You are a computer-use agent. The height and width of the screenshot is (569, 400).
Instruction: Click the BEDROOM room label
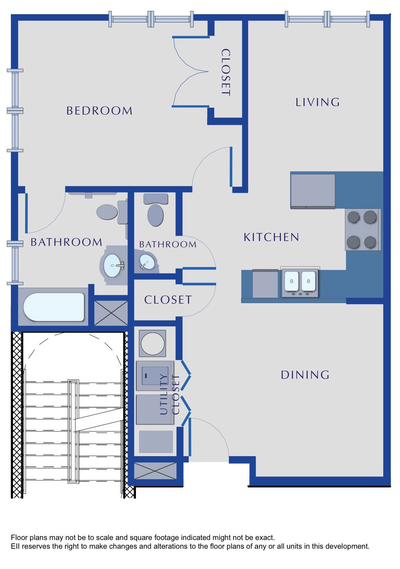[x=100, y=111]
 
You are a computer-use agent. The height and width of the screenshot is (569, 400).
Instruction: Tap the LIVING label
[x=318, y=102]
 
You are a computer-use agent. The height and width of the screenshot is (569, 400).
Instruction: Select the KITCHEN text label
[x=271, y=237]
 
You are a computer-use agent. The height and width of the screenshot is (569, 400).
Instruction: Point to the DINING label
[x=305, y=375]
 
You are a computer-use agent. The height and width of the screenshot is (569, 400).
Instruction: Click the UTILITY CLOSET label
[x=169, y=394]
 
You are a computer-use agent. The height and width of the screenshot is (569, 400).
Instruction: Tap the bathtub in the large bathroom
[x=54, y=307]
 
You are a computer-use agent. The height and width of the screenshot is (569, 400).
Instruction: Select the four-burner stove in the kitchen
[x=363, y=230]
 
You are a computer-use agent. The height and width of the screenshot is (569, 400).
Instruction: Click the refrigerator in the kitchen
[x=313, y=191]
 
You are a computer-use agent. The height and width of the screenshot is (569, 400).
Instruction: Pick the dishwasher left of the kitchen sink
[x=265, y=284]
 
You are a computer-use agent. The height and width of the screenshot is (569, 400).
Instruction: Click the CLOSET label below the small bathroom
[x=168, y=300]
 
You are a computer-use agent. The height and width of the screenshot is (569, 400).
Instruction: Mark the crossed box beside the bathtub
[x=111, y=313]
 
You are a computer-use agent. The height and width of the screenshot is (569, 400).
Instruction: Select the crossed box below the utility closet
[x=155, y=471]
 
